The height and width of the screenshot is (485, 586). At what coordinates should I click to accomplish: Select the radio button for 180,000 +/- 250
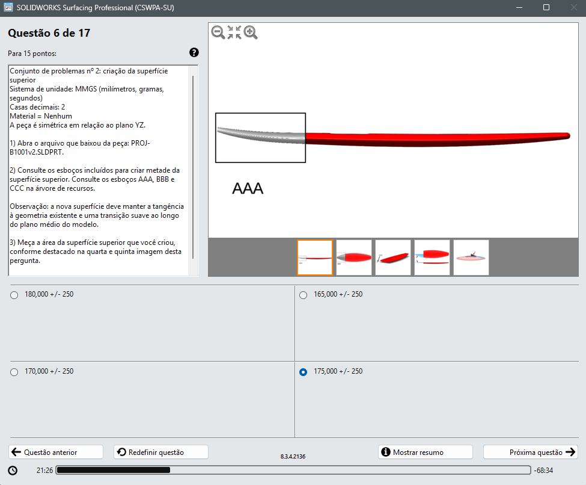coord(14,295)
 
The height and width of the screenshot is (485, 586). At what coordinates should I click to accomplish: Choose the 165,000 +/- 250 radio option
coord(303,295)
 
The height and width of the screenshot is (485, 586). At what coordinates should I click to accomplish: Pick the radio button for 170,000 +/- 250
coord(14,372)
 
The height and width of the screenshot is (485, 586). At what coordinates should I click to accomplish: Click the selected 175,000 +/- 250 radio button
coord(303,372)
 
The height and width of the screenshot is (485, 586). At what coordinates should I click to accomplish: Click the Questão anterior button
coord(56,452)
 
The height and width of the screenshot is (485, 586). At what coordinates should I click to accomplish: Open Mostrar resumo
coord(426,452)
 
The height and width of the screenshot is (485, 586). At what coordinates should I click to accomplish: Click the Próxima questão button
coord(530,452)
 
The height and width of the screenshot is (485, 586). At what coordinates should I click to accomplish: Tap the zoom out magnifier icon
coord(218,32)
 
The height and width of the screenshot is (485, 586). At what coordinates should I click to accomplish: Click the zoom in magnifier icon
coord(251,32)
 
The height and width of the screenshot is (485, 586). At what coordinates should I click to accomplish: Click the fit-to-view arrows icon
coord(234,32)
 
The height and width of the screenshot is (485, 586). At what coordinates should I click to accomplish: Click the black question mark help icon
coord(194,52)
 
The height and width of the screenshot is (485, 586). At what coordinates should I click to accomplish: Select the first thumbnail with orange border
coord(315,258)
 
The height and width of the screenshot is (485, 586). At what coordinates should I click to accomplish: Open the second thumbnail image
coord(354,258)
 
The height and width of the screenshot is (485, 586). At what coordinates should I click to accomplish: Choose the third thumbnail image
coord(393,258)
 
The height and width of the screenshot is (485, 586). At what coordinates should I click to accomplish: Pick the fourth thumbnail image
coord(432,258)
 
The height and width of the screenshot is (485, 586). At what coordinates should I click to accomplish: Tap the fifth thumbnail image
coord(471,258)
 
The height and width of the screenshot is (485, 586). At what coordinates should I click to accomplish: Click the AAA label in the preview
coord(248,188)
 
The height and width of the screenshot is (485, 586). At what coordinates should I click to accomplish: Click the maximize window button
coord(546,7)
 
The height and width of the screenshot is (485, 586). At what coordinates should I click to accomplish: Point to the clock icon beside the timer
coord(13,471)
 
